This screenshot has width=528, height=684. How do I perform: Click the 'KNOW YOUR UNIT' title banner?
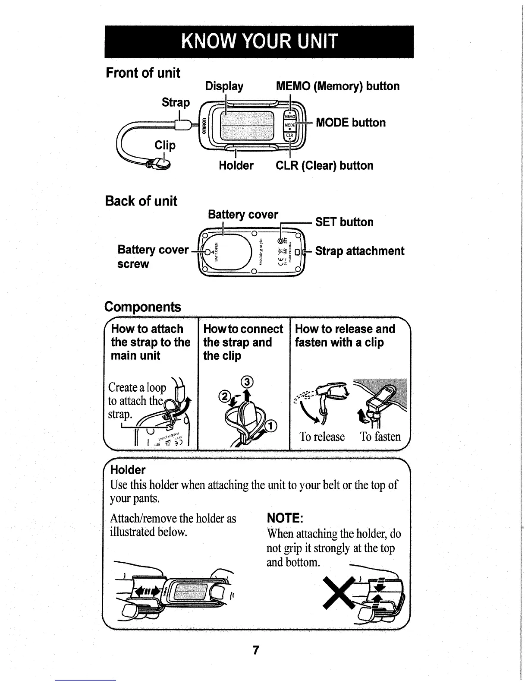point(259,41)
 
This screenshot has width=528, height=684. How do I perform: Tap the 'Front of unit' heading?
point(143,73)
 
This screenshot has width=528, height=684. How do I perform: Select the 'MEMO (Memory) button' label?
point(338,86)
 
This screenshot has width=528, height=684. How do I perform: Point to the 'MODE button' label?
point(351,123)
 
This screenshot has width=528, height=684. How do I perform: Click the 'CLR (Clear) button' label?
point(324,166)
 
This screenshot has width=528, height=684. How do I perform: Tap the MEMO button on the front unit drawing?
point(289,116)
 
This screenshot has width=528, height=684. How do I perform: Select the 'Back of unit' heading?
point(141,201)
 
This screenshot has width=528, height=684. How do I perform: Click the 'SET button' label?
point(344,222)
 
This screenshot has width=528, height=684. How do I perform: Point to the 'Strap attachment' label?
point(360,251)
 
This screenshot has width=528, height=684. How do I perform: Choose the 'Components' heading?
point(143,307)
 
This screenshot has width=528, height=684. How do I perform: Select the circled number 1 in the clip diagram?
point(271,427)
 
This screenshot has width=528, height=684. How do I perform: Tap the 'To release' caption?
point(322,437)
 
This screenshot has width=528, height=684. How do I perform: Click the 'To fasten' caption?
point(380,437)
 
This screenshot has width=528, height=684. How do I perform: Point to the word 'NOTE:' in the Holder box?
point(286,518)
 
